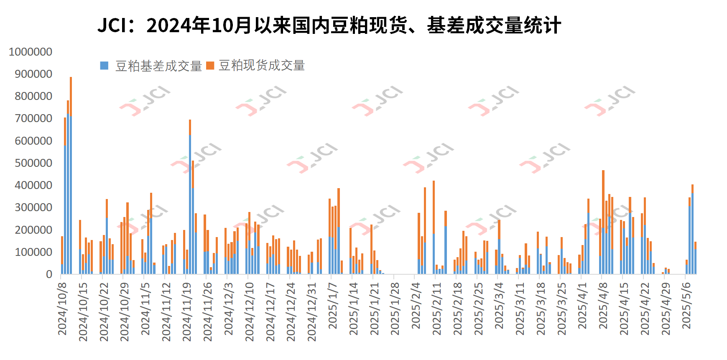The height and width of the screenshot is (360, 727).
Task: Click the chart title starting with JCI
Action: [x=329, y=26]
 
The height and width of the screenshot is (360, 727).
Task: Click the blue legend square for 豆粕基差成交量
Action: [x=104, y=66]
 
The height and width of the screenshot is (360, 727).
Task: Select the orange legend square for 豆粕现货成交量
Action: [x=210, y=66]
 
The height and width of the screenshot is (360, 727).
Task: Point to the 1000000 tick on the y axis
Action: [x=31, y=52]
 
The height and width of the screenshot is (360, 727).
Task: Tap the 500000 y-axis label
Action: [x=33, y=163]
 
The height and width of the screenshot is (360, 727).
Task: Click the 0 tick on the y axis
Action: [x=49, y=274]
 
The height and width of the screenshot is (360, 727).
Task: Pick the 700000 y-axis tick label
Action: [x=33, y=118]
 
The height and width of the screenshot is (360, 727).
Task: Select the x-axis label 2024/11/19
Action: [x=187, y=311]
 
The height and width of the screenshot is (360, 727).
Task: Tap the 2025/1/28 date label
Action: [x=395, y=309]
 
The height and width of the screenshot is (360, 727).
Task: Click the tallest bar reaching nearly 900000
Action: [x=71, y=176]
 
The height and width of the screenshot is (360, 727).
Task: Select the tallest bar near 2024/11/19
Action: [x=190, y=197]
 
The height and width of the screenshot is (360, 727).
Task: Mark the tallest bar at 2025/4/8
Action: [x=603, y=222]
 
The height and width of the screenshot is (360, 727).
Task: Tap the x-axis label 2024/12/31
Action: [x=312, y=311]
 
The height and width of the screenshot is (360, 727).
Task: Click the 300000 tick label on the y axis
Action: [x=33, y=207]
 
